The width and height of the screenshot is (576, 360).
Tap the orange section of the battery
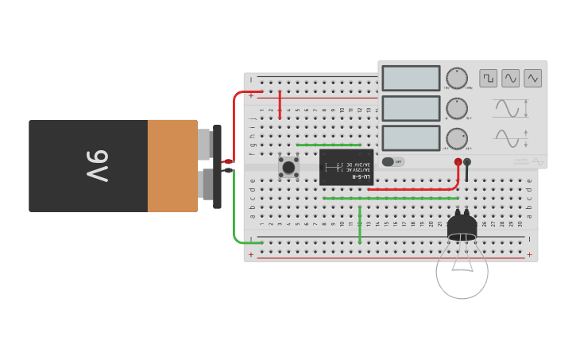172,165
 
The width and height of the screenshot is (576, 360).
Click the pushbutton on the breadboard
288,167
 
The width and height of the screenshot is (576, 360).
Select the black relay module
346,167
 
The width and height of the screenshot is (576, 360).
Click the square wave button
488,78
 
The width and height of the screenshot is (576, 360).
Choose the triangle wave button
532,78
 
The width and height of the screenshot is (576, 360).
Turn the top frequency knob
457,78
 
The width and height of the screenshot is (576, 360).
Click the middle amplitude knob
457,108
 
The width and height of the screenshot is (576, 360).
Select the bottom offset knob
457,138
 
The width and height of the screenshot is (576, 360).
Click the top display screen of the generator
411,78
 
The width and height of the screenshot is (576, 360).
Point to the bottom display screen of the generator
411,137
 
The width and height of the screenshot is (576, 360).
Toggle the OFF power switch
392,161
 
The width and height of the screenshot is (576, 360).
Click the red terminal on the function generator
458,162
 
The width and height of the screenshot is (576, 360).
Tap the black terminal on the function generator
467,162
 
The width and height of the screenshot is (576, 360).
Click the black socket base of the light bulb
462,227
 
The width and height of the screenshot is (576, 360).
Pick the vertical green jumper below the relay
360,225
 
